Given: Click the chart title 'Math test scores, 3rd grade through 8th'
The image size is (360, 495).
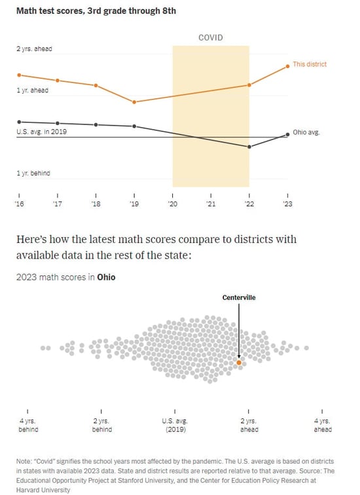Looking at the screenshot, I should (86, 11).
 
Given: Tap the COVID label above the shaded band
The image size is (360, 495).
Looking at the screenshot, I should (210, 37).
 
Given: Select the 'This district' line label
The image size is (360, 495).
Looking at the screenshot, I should (309, 64).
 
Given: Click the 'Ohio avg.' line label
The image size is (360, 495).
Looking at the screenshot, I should (306, 132).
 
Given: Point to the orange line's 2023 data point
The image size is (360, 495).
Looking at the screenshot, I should (287, 66).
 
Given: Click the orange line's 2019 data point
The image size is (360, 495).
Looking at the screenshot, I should (134, 102).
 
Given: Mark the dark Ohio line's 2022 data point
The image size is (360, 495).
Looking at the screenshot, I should (249, 147).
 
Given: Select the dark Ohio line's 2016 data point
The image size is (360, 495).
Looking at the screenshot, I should (19, 122).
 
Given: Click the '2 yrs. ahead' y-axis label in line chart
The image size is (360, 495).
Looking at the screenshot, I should (34, 49).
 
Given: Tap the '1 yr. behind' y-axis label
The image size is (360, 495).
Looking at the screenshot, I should (33, 174).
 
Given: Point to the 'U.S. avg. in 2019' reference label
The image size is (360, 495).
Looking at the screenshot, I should (41, 132).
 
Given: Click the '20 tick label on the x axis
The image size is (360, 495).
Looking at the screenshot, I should (173, 204).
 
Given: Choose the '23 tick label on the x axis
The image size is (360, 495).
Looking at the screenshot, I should (287, 204).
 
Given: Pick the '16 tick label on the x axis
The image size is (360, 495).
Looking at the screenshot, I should (19, 204).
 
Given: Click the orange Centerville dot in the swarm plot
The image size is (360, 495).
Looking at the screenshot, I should (239, 362).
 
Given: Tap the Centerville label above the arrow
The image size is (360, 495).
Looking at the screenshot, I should (239, 297).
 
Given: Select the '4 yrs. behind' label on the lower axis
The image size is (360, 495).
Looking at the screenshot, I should (28, 426).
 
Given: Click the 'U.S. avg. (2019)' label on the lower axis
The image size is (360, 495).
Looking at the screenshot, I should (175, 426).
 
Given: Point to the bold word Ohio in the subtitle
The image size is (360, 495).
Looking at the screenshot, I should (106, 277).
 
